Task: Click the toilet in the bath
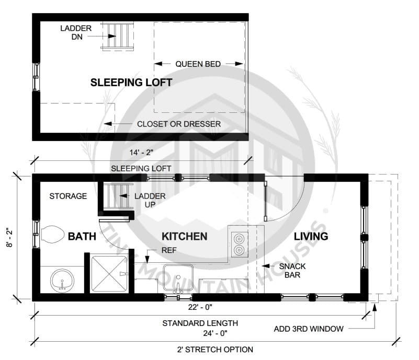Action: [53, 234]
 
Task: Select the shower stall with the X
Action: [109, 274]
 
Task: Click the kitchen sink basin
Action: [178, 278]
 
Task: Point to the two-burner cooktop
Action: [239, 244]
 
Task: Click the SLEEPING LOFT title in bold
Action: [131, 83]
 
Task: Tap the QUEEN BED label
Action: [198, 64]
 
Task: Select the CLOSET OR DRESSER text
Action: [179, 124]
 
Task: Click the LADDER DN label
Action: [76, 32]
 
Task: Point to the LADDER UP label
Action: [150, 200]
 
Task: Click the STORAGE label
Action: [68, 196]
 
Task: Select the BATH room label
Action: [82, 237]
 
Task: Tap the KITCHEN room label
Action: [185, 237]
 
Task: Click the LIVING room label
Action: [311, 236]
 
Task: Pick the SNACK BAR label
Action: [292, 270]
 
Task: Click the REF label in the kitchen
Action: [169, 250]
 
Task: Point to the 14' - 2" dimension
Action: [141, 153]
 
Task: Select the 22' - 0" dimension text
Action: [200, 307]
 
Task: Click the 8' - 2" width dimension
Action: [9, 237]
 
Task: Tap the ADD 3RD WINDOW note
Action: [309, 329]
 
